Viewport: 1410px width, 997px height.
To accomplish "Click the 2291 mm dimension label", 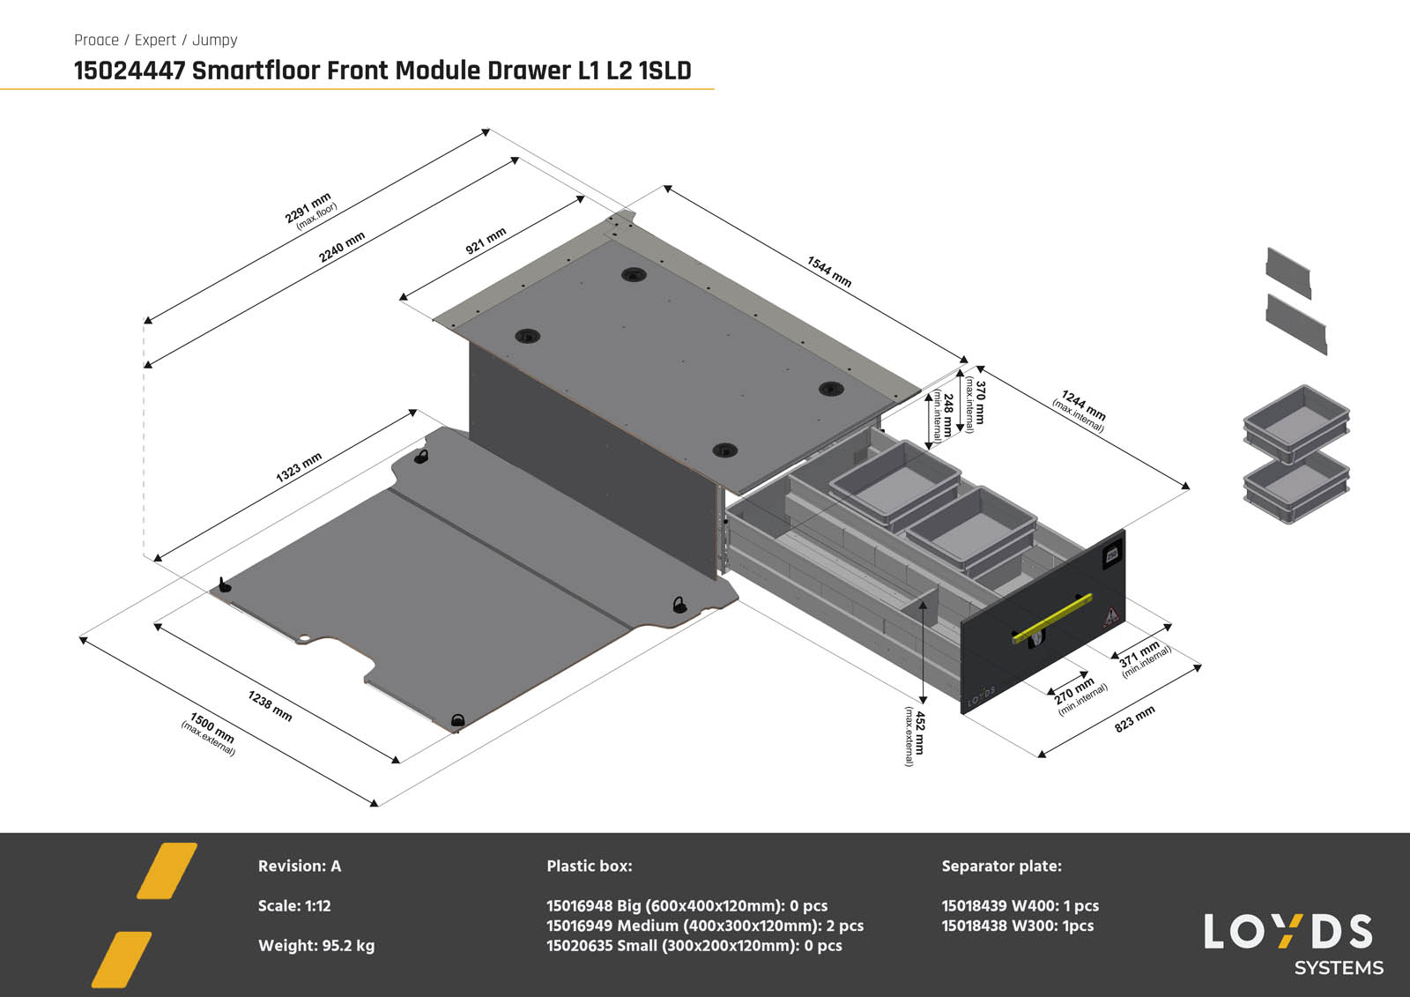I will point(308,208).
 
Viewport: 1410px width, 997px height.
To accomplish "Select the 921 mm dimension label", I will point(486,241).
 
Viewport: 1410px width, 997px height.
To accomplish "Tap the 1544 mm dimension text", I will point(829,272).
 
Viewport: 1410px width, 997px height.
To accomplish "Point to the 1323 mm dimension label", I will point(299,467).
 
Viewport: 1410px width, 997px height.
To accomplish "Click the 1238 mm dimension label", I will point(270,706).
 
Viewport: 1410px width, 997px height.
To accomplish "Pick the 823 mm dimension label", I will point(1134,718).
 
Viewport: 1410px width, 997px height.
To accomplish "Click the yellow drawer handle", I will point(1052,618).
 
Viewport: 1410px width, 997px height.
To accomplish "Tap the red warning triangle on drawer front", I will point(1112,615).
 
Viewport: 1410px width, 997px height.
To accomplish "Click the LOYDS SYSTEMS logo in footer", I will point(1291,943).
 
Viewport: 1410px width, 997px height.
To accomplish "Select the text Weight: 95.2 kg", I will point(315,946).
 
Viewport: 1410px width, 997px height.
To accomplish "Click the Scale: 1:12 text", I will point(294,905).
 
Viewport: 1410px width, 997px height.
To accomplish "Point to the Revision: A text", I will point(299,866).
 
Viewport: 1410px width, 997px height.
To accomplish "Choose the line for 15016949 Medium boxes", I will point(704,926).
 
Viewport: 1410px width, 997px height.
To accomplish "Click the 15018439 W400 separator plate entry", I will point(1020,905).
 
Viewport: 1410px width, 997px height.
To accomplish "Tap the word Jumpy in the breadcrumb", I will point(214,40).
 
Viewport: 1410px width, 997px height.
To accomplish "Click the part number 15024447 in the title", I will point(130,71).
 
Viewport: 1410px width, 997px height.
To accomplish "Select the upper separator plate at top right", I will point(1288,272).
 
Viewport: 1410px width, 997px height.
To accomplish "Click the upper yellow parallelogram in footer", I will point(167,871).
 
